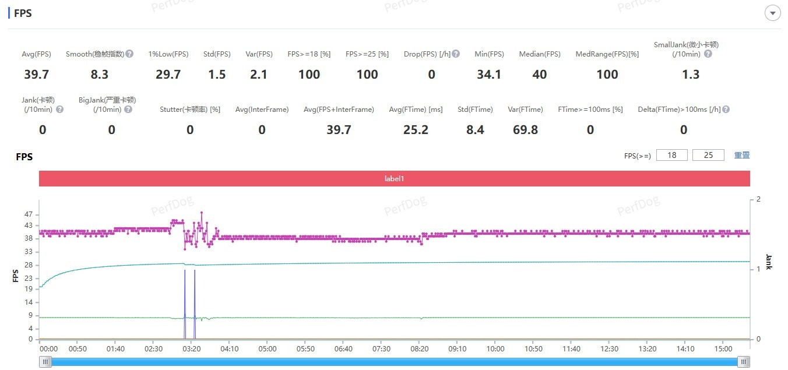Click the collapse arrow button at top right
click(x=773, y=13)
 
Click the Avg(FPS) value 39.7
click(x=36, y=75)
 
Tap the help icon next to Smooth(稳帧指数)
click(x=129, y=54)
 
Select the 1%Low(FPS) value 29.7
click(x=168, y=75)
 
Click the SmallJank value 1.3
click(x=691, y=75)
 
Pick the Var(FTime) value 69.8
click(x=525, y=130)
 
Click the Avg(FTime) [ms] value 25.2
click(x=416, y=130)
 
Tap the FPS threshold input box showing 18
click(x=672, y=155)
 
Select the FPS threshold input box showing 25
click(x=708, y=155)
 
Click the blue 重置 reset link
click(x=742, y=155)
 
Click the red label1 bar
click(x=394, y=179)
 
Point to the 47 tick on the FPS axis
click(x=29, y=215)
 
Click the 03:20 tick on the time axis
click(x=191, y=349)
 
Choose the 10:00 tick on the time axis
click(x=495, y=349)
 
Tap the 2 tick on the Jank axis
click(x=758, y=199)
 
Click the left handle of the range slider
click(x=45, y=362)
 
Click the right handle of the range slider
click(x=744, y=362)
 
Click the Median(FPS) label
click(x=540, y=54)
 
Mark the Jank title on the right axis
click(x=768, y=262)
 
